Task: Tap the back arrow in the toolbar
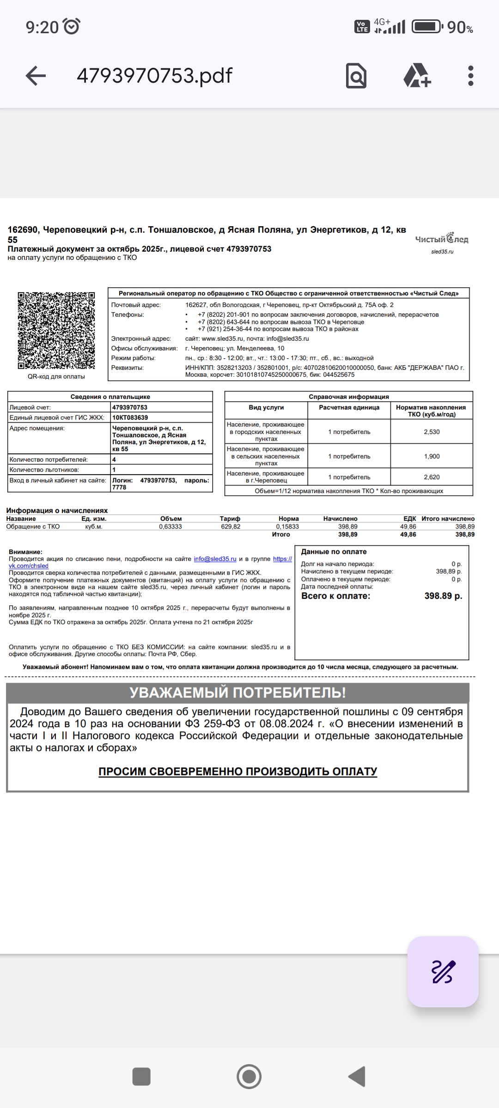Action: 36,76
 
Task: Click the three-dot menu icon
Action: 470,76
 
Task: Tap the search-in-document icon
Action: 356,76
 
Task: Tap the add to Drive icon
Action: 417,76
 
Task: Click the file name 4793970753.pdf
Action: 154,76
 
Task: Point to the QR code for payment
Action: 56,331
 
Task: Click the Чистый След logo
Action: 442,239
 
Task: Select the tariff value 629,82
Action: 231,526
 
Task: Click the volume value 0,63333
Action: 170,526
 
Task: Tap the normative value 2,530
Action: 432,432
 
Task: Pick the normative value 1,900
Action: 432,456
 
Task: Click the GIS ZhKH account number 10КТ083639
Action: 130,417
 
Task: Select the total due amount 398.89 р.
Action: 443,596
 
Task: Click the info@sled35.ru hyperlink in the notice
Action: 215,559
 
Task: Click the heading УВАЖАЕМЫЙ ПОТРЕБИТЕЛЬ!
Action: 237,692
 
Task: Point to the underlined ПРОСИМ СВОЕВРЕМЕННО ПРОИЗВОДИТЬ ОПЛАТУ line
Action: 237,771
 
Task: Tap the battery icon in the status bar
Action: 426,26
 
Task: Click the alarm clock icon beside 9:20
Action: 72,26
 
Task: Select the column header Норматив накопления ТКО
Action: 431,410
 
